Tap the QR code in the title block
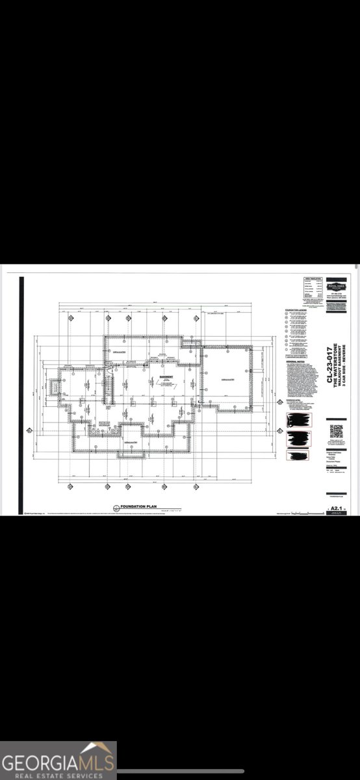coord(337,432)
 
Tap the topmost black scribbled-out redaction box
coord(298,421)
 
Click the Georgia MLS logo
coord(58,760)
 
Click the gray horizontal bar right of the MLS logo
coord(181,771)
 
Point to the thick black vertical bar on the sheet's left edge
coord(22,395)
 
